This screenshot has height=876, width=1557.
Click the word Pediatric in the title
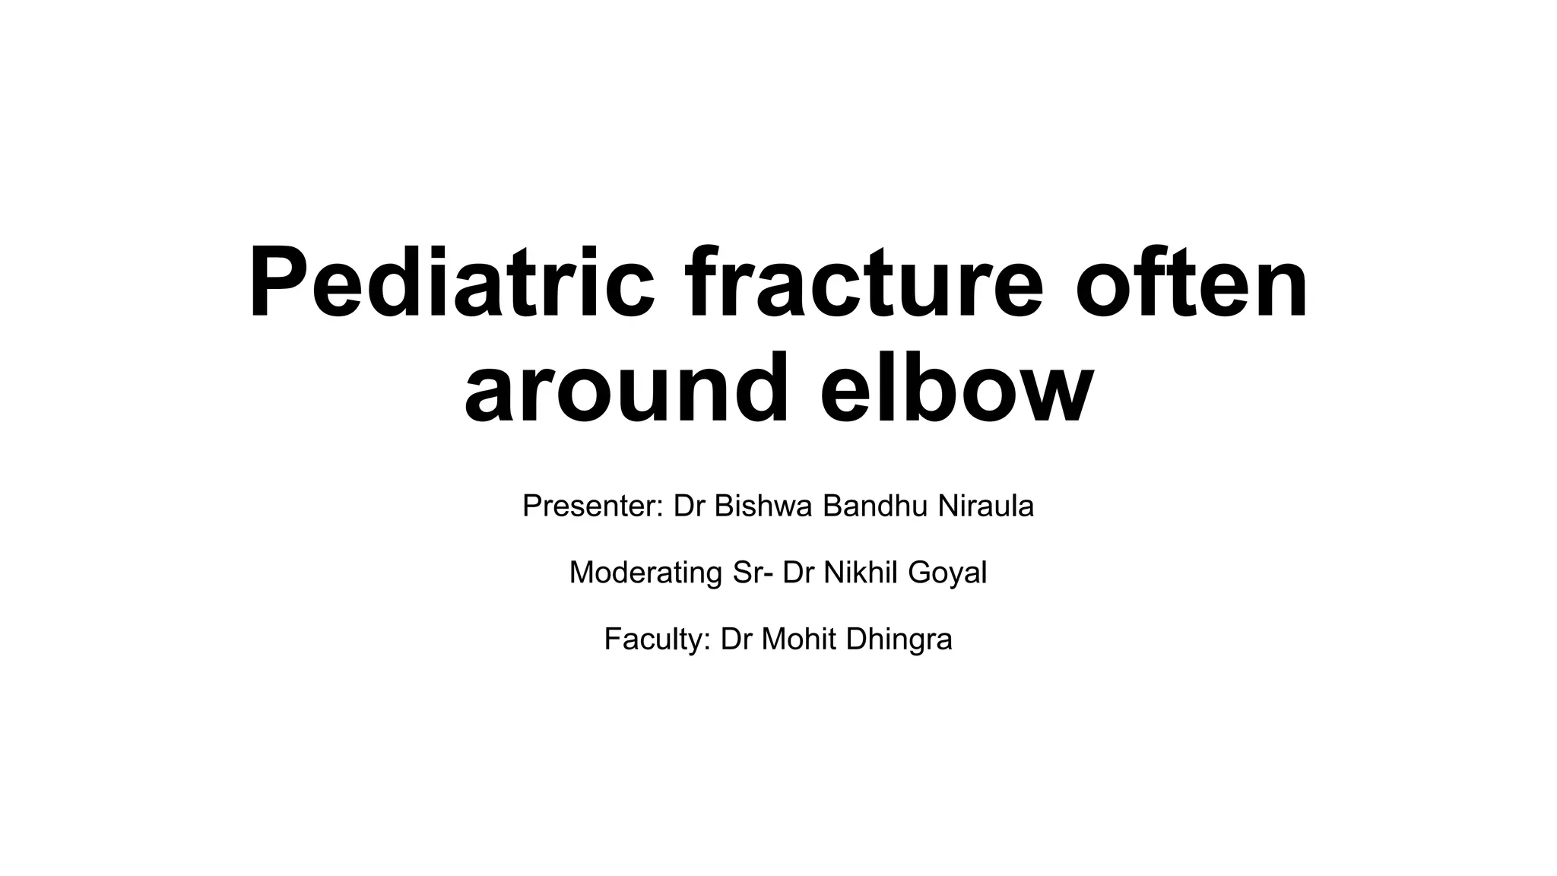[452, 283]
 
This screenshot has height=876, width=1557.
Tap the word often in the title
[1191, 283]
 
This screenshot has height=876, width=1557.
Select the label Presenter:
[593, 506]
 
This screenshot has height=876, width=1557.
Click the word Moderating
[645, 573]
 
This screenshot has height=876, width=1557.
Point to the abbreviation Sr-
[753, 573]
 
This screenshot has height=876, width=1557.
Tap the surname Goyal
[947, 573]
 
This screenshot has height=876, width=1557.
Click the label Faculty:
[658, 640]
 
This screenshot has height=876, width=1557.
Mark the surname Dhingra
[899, 640]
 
